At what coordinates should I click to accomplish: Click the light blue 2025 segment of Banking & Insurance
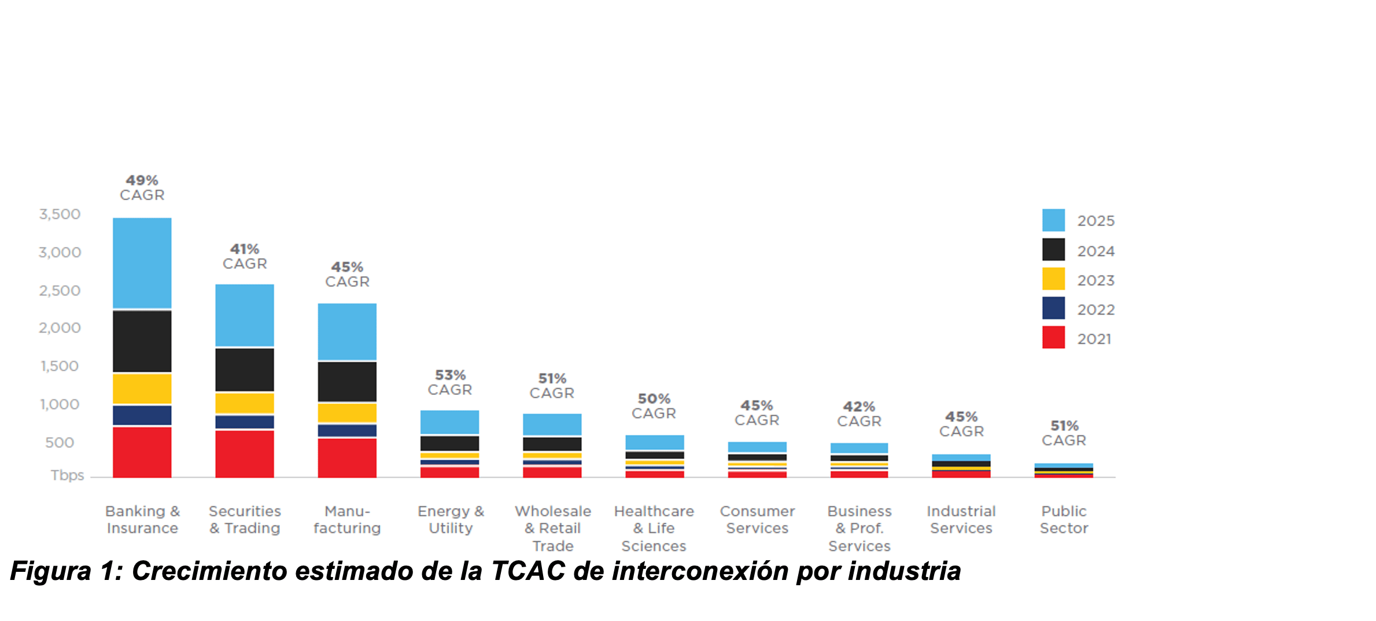click(x=142, y=263)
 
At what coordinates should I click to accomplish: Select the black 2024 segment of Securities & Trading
click(x=245, y=369)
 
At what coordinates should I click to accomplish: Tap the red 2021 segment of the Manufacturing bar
click(x=347, y=457)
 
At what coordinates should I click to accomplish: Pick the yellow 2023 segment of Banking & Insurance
click(x=142, y=389)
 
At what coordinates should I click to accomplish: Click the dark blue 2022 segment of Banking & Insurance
click(x=142, y=415)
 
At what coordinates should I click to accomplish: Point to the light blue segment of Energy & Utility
click(x=449, y=422)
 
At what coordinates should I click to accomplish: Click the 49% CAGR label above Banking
click(x=142, y=188)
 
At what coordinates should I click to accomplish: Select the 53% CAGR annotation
click(x=449, y=383)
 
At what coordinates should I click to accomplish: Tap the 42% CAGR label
click(x=859, y=414)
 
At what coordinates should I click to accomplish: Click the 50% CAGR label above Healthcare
click(x=654, y=406)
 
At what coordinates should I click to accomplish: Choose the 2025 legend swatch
click(x=1053, y=220)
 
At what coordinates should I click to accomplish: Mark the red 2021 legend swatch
click(x=1053, y=337)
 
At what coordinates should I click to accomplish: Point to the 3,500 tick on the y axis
click(x=60, y=215)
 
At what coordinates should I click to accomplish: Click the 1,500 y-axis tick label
click(x=60, y=367)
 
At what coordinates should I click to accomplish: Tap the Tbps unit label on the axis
click(x=67, y=475)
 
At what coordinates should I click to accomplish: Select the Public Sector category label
click(x=1064, y=520)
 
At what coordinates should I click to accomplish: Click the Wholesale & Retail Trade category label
click(x=553, y=528)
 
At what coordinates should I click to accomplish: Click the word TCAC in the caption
click(x=527, y=571)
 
